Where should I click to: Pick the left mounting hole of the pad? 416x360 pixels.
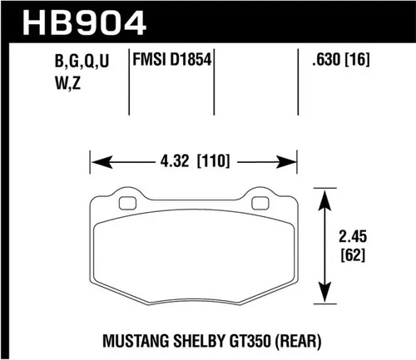(127, 203)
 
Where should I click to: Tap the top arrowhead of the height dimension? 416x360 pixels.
(321, 193)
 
